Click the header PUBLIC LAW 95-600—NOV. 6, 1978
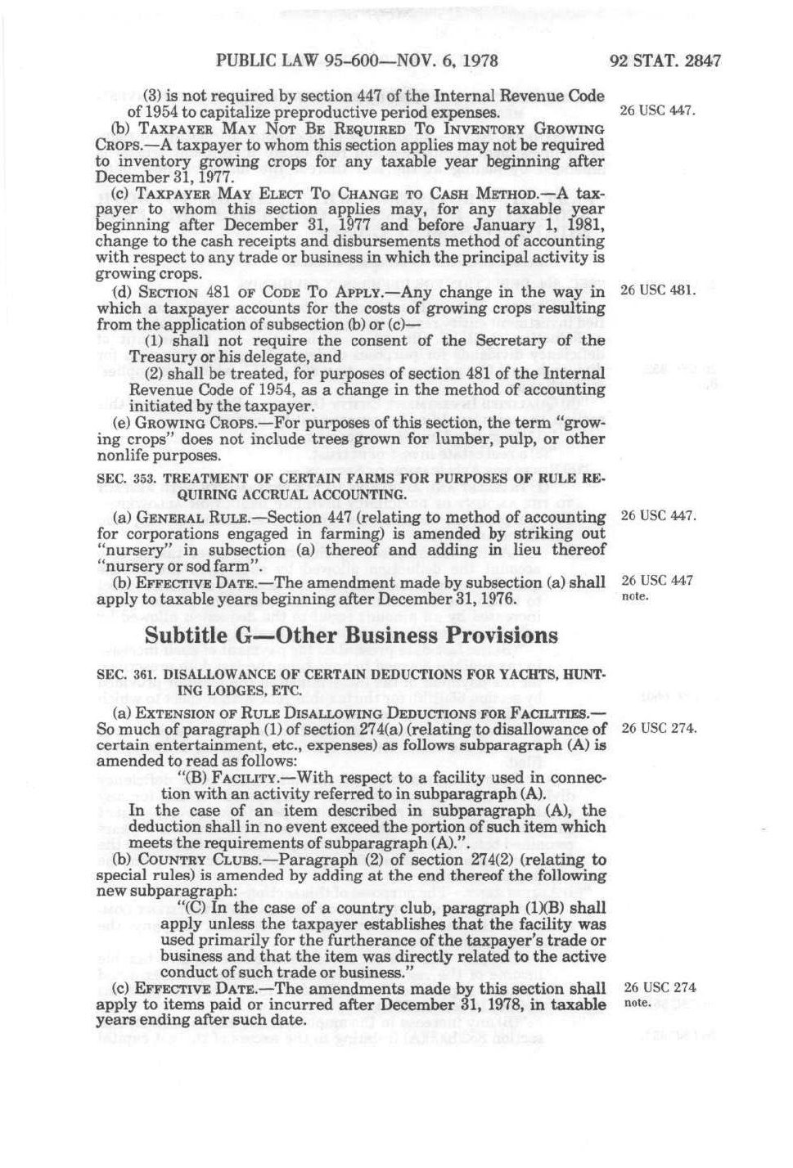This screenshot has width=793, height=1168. click(x=357, y=60)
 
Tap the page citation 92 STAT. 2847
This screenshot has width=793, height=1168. click(x=665, y=60)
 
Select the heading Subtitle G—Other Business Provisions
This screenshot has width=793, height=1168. click(x=351, y=636)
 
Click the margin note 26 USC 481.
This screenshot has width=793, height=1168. click(x=658, y=290)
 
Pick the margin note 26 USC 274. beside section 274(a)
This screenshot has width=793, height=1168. click(x=659, y=728)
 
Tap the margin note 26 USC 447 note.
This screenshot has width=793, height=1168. click(x=658, y=587)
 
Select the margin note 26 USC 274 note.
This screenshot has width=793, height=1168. click(x=660, y=994)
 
